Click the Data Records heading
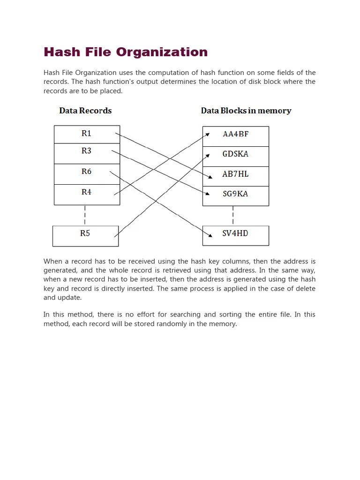coord(85,111)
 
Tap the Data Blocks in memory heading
coord(246,111)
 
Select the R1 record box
coord(87,134)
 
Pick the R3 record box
coord(87,153)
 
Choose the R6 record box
coord(87,174)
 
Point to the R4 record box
coord(87,195)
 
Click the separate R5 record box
coord(85,236)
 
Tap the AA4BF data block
coord(235,136)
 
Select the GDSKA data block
coord(235,156)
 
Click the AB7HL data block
coord(235,176)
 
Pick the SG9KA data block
coord(235,195)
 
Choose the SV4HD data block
coord(235,235)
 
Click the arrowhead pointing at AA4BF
coord(208,135)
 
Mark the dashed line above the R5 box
coord(85,215)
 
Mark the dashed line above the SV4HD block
coord(233,216)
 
